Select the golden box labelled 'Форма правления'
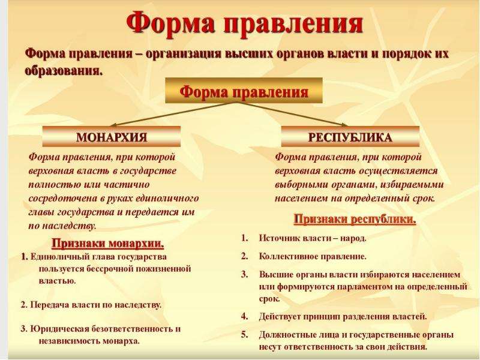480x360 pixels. pos(244,91)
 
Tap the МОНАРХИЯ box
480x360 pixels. pos(112,137)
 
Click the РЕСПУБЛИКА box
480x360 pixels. pos(350,137)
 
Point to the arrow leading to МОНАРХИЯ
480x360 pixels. pos(174,114)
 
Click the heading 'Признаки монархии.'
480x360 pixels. pos(108,244)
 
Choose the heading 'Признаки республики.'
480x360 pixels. pos(355,219)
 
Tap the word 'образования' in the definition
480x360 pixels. pos(63,71)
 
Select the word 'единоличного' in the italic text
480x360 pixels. pos(167,199)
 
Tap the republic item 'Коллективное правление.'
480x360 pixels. pos(313,256)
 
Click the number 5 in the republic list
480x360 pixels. pos(244,334)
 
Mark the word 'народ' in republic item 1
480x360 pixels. pos(353,238)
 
